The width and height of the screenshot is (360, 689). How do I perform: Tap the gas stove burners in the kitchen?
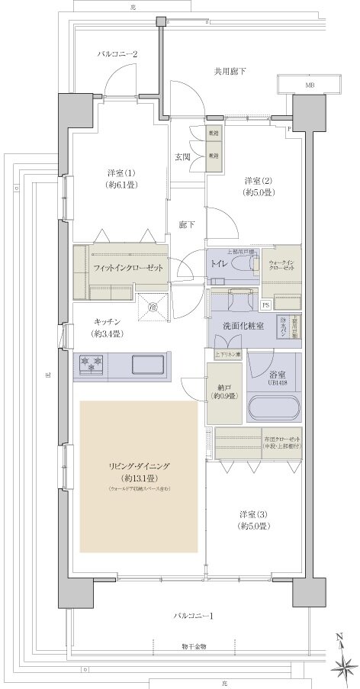tap(91, 362)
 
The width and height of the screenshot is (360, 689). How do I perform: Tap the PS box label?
tap(265, 304)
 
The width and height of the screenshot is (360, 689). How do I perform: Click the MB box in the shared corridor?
tap(309, 85)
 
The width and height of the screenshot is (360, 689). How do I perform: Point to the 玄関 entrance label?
tap(182, 157)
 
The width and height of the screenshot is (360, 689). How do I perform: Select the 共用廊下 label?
tap(229, 72)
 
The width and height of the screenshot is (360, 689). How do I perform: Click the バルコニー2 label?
tap(117, 54)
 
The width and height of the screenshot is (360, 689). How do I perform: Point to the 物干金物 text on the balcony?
tap(193, 646)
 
